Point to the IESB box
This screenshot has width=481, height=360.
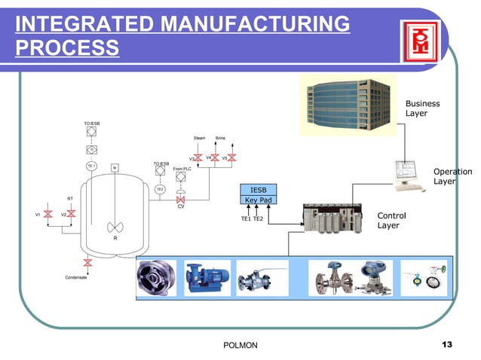click(x=258, y=189)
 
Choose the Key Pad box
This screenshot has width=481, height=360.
click(x=258, y=200)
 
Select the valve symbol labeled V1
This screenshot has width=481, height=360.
click(x=52, y=215)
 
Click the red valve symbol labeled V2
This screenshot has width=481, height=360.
click(x=71, y=215)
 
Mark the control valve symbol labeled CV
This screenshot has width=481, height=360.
click(x=180, y=200)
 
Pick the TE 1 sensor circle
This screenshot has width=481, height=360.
click(x=90, y=166)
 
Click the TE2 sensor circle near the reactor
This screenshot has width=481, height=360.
click(x=160, y=189)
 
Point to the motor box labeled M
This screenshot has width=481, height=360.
click(x=114, y=166)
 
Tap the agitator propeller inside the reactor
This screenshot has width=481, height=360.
click(x=115, y=226)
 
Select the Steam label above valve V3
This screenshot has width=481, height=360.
click(x=200, y=139)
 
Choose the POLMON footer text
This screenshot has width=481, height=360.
click(x=241, y=345)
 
